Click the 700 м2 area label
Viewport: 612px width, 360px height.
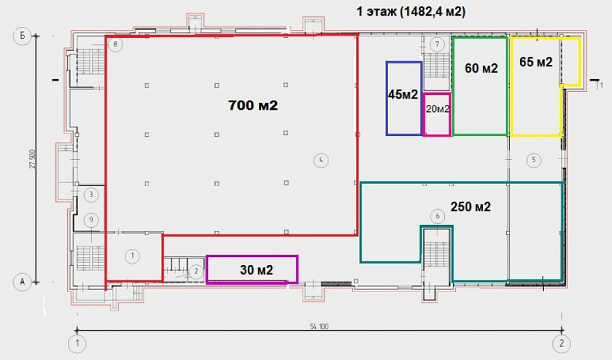(x=253, y=105)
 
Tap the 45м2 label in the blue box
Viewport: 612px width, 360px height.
(x=403, y=94)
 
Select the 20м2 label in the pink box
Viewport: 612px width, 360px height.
(x=437, y=109)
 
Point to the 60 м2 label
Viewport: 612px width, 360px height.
(x=481, y=68)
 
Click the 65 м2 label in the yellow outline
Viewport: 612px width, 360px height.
(x=536, y=62)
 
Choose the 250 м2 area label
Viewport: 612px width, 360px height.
(x=470, y=207)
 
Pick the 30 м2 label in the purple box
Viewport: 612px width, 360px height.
(x=257, y=270)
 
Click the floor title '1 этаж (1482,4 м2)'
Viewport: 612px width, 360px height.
(x=411, y=11)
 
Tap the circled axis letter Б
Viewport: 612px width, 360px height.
(x=22, y=36)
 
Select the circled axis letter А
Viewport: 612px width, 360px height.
(x=22, y=281)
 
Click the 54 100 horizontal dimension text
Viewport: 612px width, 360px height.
(x=319, y=326)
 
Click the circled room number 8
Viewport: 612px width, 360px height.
(x=116, y=44)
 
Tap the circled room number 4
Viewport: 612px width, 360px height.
(x=321, y=160)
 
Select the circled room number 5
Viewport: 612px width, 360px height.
(x=534, y=160)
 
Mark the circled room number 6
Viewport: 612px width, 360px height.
(x=437, y=217)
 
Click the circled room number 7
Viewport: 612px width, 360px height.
(x=437, y=44)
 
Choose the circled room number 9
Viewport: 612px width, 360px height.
(x=91, y=220)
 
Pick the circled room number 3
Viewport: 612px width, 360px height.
(x=91, y=194)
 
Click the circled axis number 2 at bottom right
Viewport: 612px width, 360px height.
(x=562, y=344)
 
